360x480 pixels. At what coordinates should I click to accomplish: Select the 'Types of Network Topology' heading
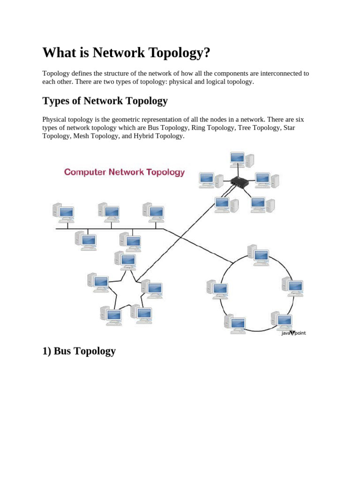tap(105, 101)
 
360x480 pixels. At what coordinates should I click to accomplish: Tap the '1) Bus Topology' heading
tap(79, 351)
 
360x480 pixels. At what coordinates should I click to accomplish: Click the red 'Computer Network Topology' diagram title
tap(124, 172)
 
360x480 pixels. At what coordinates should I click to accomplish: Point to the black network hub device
tap(239, 182)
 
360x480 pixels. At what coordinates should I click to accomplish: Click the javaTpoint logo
tap(293, 333)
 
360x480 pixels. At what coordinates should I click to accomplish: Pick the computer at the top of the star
tap(126, 261)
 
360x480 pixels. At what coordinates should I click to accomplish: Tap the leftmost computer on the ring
tap(217, 289)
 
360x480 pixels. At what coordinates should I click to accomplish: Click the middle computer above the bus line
tap(109, 212)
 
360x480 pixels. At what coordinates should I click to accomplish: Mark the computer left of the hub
tap(206, 180)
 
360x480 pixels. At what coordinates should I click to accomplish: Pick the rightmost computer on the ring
tap(293, 286)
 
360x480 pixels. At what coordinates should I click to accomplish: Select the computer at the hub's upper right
tap(266, 180)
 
